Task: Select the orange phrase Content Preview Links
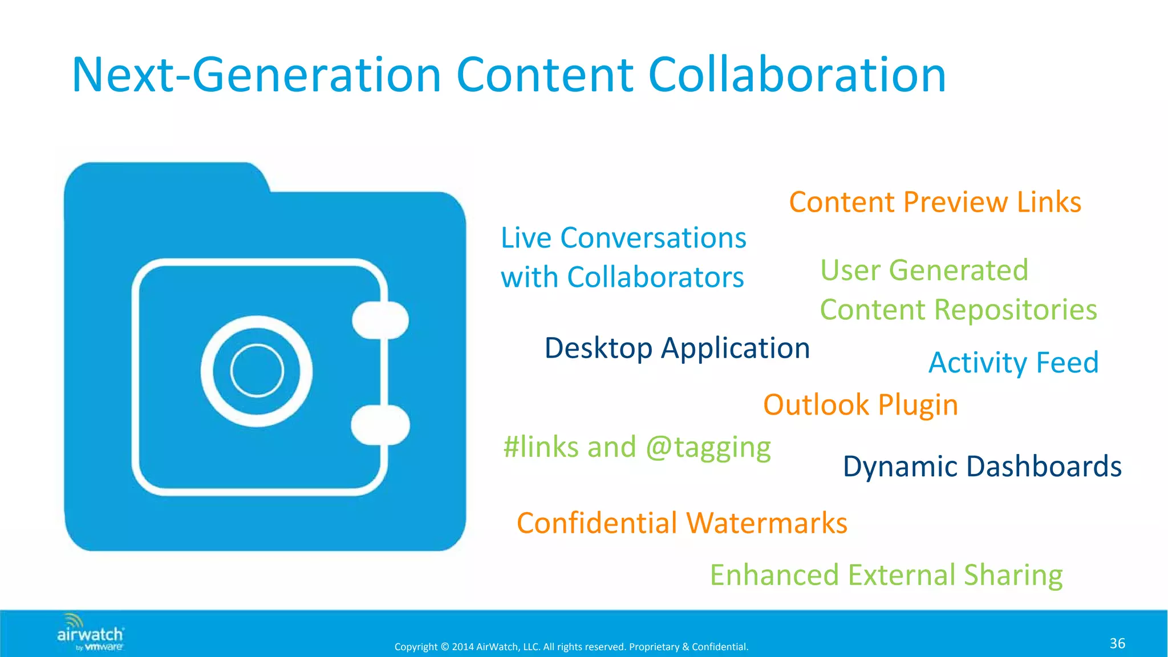point(935,202)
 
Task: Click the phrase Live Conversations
point(623,238)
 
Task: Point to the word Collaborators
point(655,278)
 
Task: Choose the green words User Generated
point(924,270)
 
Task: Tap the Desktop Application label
point(677,348)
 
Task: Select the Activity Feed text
point(1013,363)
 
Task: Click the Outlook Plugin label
point(860,405)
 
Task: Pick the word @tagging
point(708,447)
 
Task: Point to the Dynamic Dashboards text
point(982,467)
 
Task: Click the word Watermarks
point(766,523)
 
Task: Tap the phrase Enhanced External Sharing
point(886,575)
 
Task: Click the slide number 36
point(1117,643)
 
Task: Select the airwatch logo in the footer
point(90,633)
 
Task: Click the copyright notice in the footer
point(571,647)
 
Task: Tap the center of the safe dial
point(257,371)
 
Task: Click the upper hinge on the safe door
point(380,320)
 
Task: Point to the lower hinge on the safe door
point(380,425)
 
